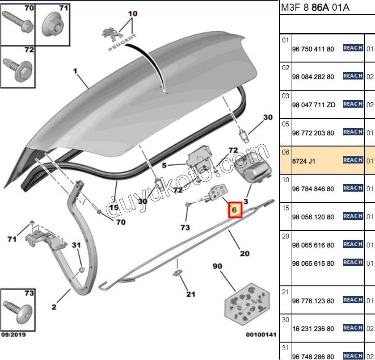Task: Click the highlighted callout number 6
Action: (234, 210)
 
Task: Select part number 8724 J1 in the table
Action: (303, 161)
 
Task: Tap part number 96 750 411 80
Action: (313, 49)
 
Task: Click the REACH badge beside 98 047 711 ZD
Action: (353, 104)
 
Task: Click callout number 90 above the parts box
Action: (217, 266)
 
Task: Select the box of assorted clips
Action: (247, 304)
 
